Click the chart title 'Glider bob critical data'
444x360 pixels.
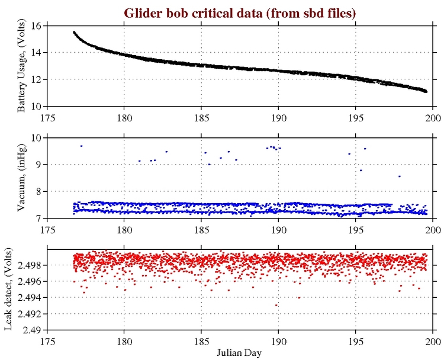240,13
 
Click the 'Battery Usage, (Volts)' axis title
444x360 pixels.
21,66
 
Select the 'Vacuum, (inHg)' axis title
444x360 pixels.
21,178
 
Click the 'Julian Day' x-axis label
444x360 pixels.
240,352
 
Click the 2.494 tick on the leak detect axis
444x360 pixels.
30,297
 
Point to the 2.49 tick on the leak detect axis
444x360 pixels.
32,330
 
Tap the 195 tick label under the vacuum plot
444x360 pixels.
356,227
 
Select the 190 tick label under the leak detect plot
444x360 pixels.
278,339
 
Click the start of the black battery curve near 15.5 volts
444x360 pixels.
74,33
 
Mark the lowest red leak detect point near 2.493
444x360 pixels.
276,305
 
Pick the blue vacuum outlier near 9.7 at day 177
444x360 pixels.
81,146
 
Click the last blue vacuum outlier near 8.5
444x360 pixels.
399,176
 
